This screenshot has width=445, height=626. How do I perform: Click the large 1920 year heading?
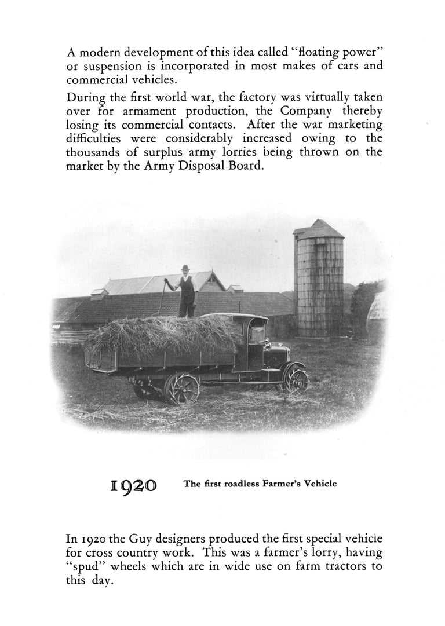click(x=133, y=485)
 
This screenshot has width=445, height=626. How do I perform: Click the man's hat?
click(x=185, y=268)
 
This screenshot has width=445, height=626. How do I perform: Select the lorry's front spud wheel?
click(x=296, y=380)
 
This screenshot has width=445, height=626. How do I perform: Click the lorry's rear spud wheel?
click(x=181, y=388)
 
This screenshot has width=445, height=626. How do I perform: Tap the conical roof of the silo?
click(x=319, y=229)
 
